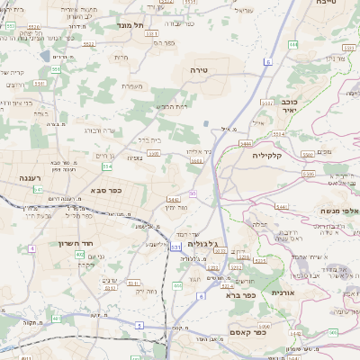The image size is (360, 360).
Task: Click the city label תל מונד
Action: [130, 26]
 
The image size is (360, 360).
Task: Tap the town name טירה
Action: [199, 68]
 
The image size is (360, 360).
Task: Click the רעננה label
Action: [33, 179]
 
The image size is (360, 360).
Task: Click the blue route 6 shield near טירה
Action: [267, 62]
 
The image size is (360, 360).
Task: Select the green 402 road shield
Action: [80, 255]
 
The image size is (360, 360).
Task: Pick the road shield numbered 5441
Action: [173, 201]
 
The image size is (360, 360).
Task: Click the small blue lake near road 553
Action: [207, 123]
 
